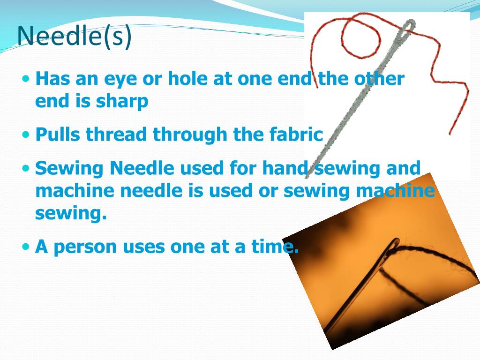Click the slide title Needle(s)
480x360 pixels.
click(x=75, y=37)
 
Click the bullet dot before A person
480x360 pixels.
click(x=26, y=246)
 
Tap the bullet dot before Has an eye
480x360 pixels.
click(x=26, y=78)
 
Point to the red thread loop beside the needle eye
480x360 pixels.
click(x=358, y=35)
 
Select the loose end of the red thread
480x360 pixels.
click(x=451, y=132)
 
